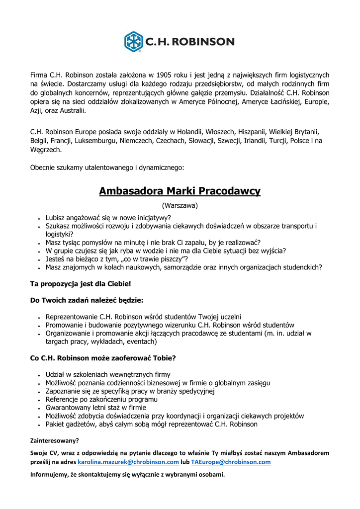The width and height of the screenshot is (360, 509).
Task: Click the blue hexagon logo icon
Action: (x=133, y=41)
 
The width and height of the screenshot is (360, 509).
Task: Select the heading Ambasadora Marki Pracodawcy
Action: (x=180, y=191)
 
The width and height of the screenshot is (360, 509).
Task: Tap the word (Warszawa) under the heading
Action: (x=180, y=205)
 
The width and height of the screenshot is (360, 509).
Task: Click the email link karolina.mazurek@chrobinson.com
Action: (x=128, y=462)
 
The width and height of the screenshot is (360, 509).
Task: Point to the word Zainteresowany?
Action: (x=54, y=440)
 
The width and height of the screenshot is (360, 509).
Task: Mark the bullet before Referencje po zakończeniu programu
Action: (x=39, y=400)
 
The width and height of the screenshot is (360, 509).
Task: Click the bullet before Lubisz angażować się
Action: (x=39, y=218)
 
